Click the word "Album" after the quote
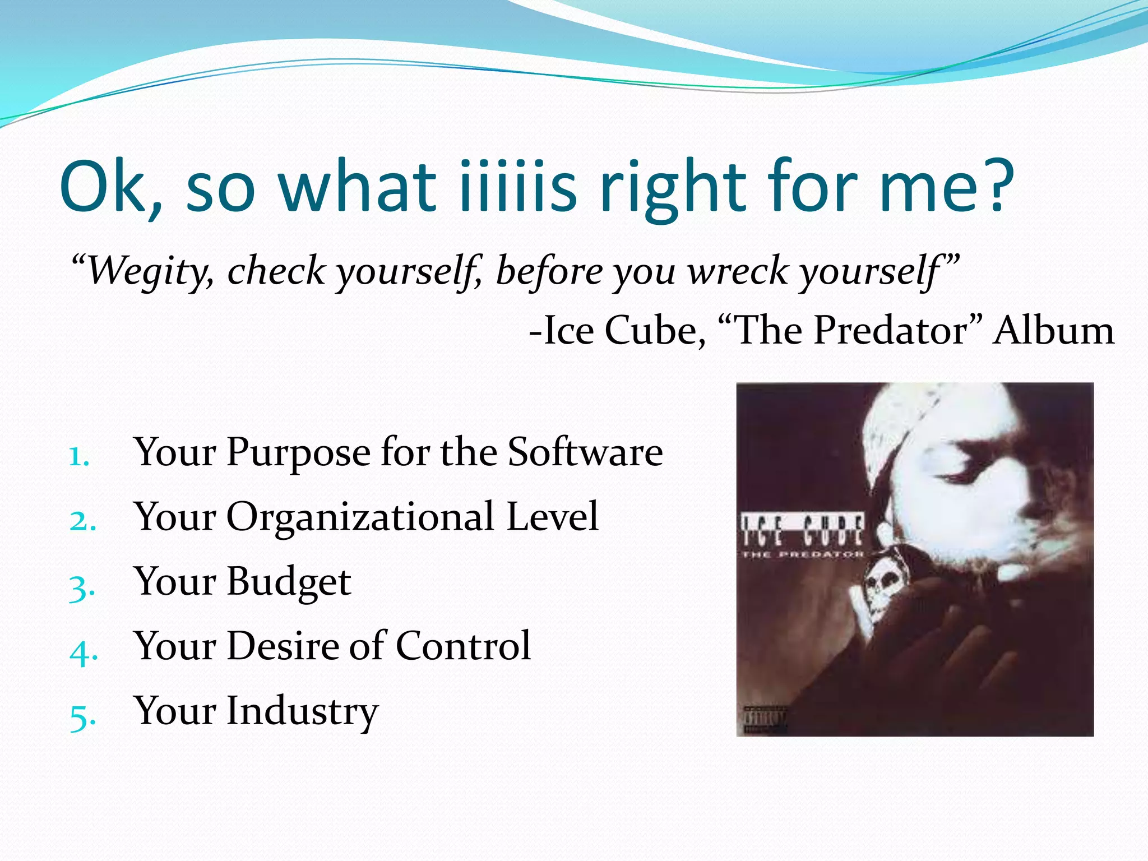point(1054,331)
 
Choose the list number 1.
point(79,457)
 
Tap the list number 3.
point(82,587)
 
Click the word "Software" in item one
point(585,452)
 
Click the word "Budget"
point(289,581)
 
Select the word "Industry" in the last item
point(303,711)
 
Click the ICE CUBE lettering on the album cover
point(802,530)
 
